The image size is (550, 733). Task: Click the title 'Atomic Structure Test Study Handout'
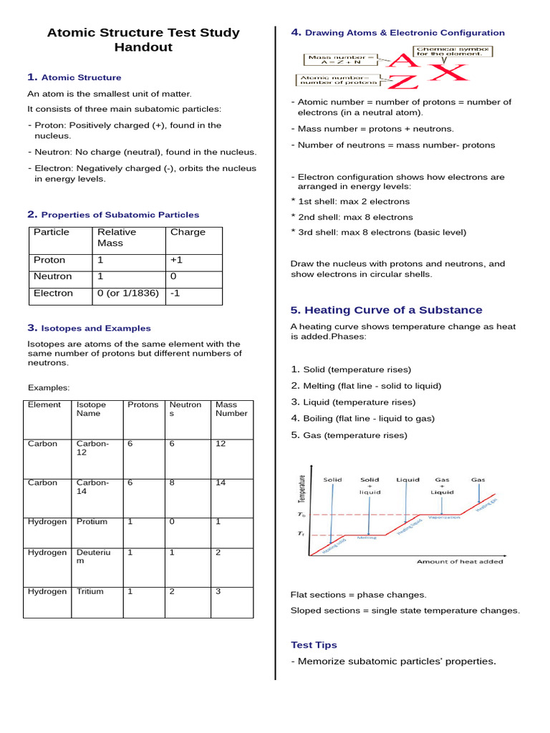[x=143, y=40]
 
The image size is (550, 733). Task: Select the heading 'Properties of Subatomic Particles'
[x=120, y=215]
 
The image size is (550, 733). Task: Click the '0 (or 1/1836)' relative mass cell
[x=128, y=293]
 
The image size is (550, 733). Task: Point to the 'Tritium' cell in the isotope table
[x=90, y=591]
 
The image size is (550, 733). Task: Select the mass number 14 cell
[x=221, y=482]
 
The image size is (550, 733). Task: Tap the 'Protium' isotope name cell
[x=92, y=522]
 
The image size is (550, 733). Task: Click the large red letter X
[x=448, y=72]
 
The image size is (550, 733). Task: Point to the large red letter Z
[x=402, y=82]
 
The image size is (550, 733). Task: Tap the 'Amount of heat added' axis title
[x=460, y=562]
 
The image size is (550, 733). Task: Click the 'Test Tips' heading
[x=314, y=645]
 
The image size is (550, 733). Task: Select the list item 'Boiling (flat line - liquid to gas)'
[x=369, y=419]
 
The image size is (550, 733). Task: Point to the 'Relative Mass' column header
[x=117, y=238]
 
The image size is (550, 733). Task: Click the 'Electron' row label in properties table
[x=53, y=293]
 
